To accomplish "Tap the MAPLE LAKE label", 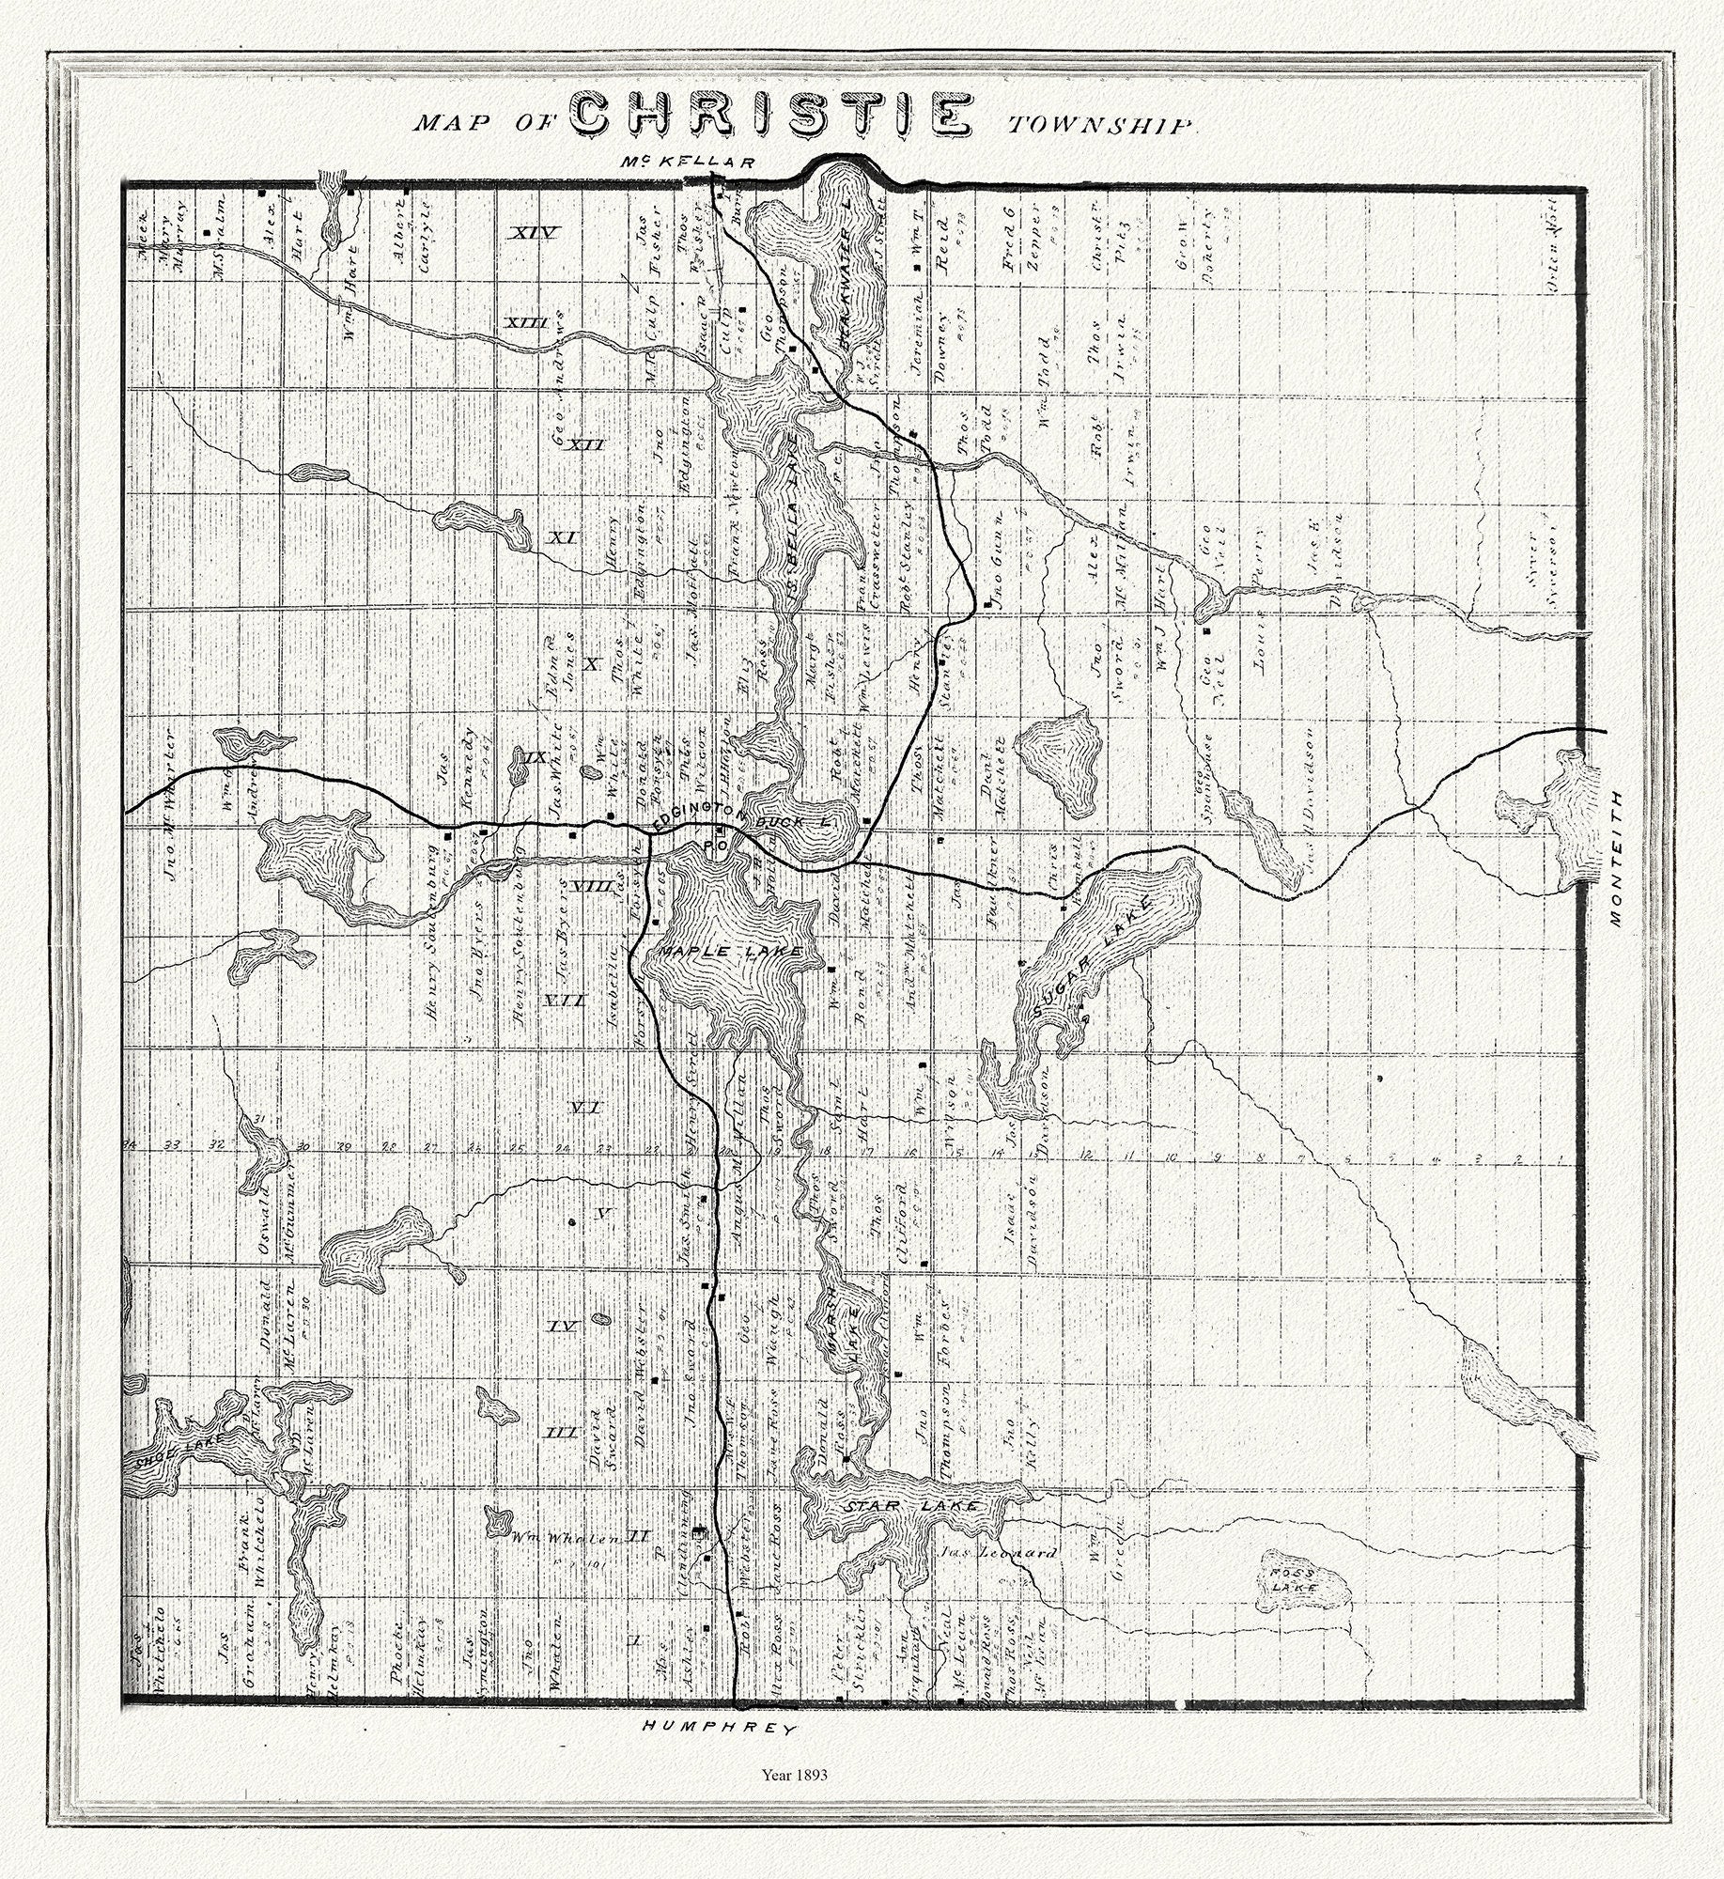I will [x=730, y=952].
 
